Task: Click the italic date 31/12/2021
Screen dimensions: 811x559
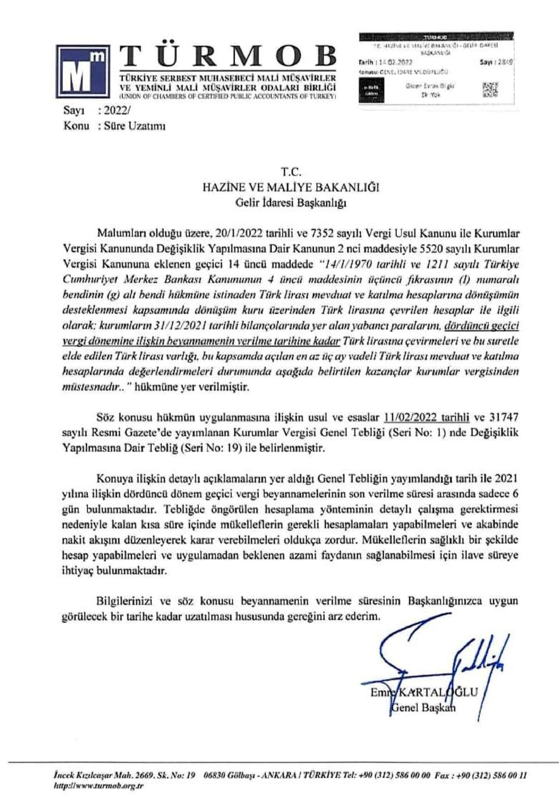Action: (x=179, y=326)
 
